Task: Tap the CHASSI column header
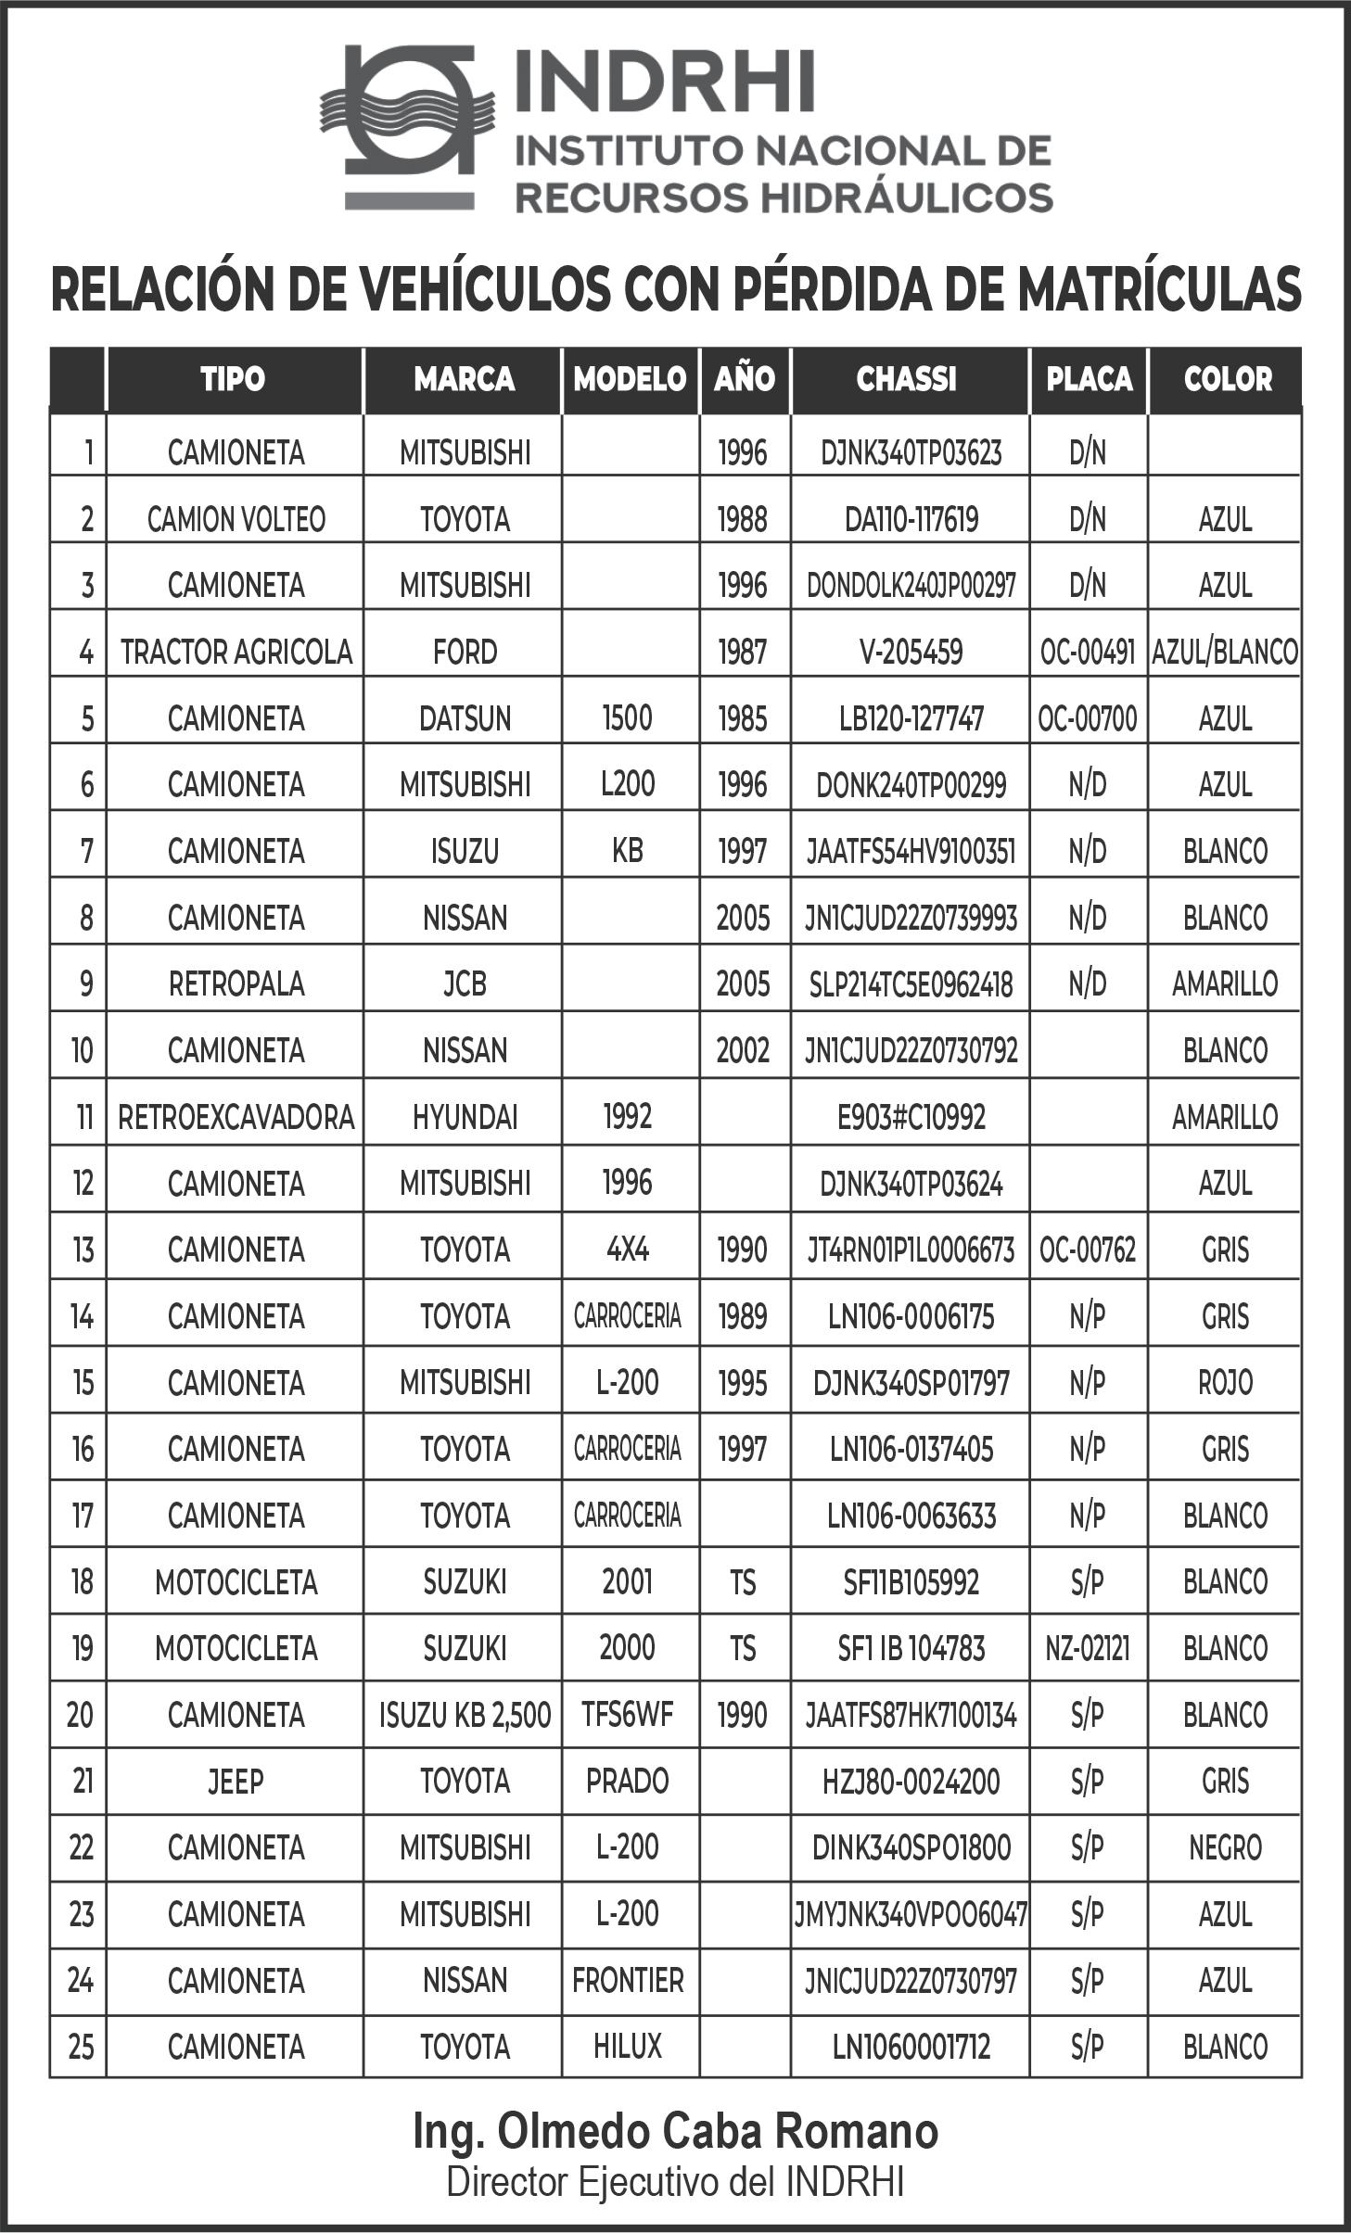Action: (x=906, y=379)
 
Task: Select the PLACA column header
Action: (x=1089, y=379)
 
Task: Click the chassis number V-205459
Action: (x=911, y=653)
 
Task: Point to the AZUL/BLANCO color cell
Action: (x=1225, y=653)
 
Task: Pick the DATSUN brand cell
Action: (x=465, y=719)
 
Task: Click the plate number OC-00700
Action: (x=1088, y=719)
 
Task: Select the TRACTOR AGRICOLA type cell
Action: (x=236, y=653)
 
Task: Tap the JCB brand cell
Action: (x=465, y=984)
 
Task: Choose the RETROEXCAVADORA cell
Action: (x=236, y=1118)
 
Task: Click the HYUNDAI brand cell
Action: (x=465, y=1118)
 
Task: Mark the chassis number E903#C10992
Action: (x=911, y=1118)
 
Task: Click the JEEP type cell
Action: (x=236, y=1782)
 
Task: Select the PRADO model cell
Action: (x=628, y=1782)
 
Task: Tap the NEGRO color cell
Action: (x=1225, y=1848)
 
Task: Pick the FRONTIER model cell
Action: (x=628, y=1981)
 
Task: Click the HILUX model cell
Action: (x=628, y=2047)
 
